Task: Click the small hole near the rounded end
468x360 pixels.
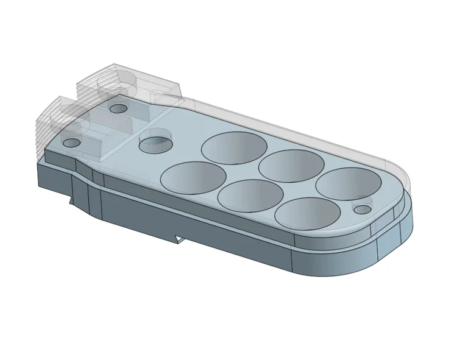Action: tap(363, 209)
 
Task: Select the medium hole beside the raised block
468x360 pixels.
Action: tap(155, 144)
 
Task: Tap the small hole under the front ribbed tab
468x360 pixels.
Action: tap(72, 143)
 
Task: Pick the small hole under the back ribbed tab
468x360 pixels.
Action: tap(118, 109)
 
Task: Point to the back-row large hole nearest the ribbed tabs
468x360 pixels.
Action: tap(234, 148)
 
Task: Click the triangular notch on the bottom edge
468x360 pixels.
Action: tap(178, 239)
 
